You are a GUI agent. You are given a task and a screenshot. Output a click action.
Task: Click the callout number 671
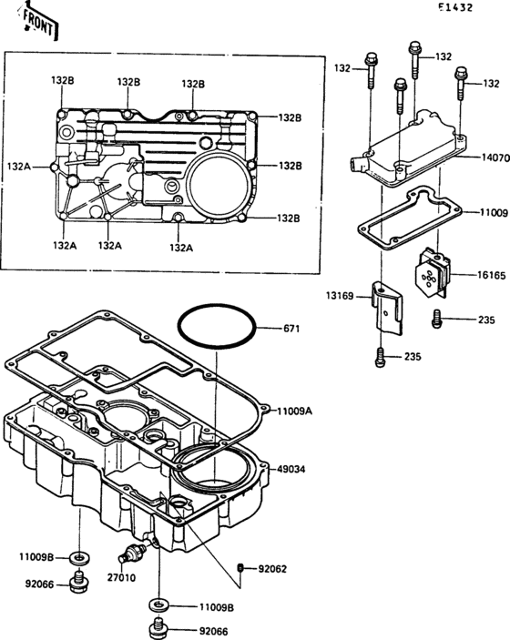pyautogui.click(x=291, y=328)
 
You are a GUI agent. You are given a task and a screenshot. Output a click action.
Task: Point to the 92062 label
pyautogui.click(x=272, y=569)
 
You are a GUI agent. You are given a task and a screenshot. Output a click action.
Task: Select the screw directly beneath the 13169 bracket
pyautogui.click(x=380, y=358)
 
